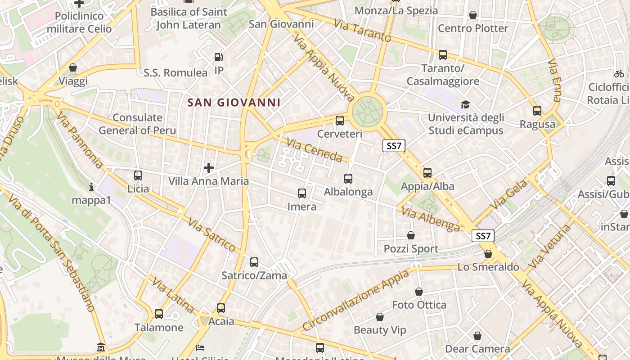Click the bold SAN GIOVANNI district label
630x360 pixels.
pyautogui.click(x=234, y=103)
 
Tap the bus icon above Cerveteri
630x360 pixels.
pyautogui.click(x=340, y=120)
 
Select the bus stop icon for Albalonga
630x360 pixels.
pyautogui.click(x=348, y=179)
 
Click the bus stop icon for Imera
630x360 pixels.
pyautogui.click(x=302, y=193)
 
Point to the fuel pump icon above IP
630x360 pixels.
pyautogui.click(x=219, y=57)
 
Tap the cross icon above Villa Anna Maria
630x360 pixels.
pyautogui.click(x=209, y=168)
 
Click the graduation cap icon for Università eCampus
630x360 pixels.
pyautogui.click(x=465, y=104)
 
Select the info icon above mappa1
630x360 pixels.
pyautogui.click(x=91, y=186)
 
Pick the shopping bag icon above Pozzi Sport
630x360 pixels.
pyautogui.click(x=411, y=235)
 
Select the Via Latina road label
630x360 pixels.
pyautogui.click(x=173, y=295)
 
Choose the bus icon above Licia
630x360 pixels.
pyautogui.click(x=138, y=175)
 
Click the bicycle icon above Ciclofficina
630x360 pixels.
pyautogui.click(x=619, y=74)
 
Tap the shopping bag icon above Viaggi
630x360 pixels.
pyautogui.click(x=73, y=67)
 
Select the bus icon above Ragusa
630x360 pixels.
pyautogui.click(x=537, y=110)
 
